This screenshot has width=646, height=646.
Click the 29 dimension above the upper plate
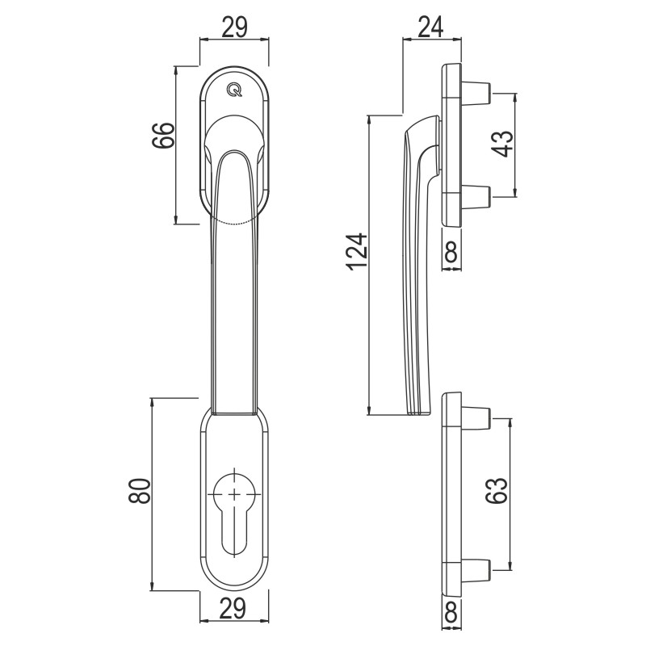coord(234,27)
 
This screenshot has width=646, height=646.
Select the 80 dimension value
coord(139,491)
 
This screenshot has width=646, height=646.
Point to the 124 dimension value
coord(357,252)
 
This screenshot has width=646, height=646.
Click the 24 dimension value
coord(430,27)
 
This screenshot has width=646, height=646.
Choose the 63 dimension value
coord(496,490)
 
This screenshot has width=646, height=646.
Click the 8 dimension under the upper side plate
coord(451,252)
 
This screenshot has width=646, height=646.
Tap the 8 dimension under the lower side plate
coord(451,611)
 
